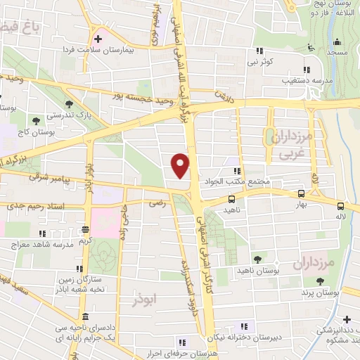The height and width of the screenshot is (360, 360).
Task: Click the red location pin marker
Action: pos(181,166)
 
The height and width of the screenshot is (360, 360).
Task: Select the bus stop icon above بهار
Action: pos(301,193)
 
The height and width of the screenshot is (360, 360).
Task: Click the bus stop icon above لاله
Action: pos(340,206)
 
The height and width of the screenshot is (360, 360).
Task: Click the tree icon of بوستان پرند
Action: pos(321,281)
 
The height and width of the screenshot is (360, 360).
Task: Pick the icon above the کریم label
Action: pos(85,229)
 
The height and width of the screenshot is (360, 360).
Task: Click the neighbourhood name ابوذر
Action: pos(145,300)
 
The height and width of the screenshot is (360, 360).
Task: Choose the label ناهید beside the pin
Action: pos(232,210)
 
